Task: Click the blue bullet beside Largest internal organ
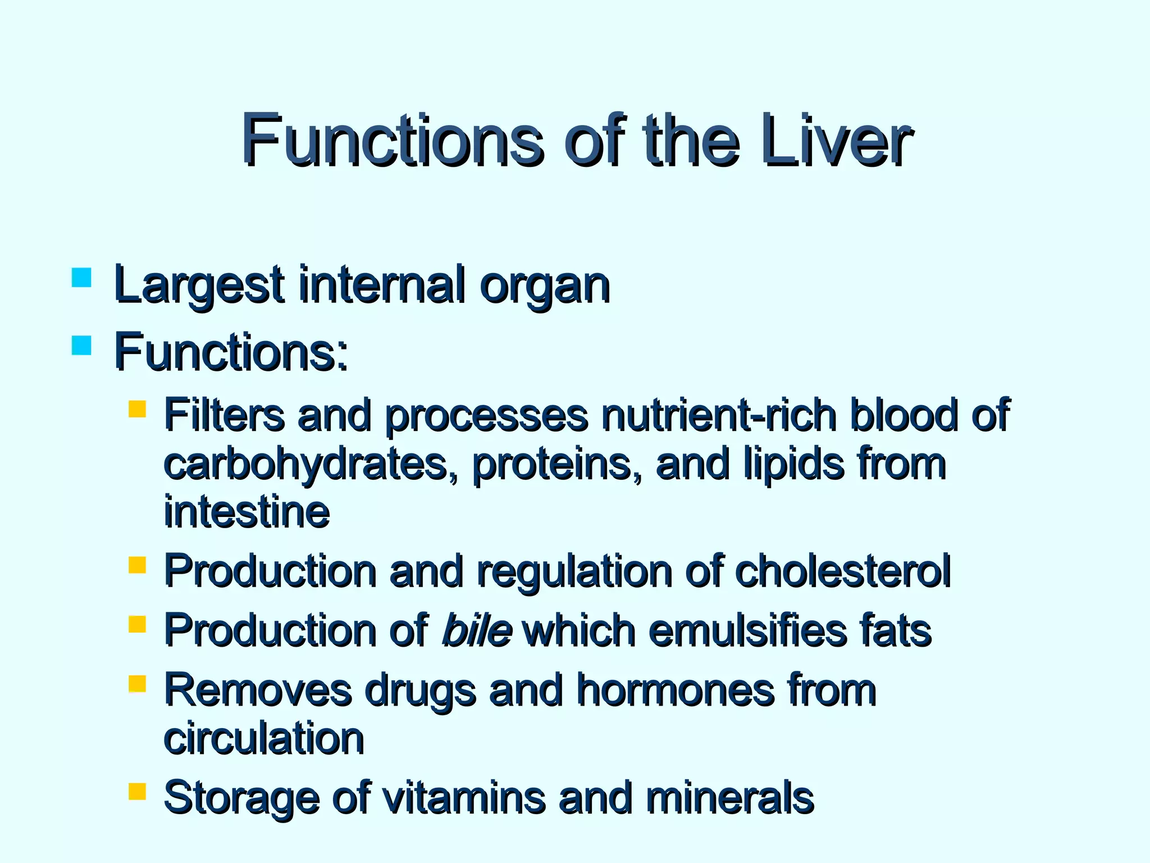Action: pyautogui.click(x=82, y=278)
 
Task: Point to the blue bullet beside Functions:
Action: pyautogui.click(x=82, y=345)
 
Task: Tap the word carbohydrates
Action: pyautogui.click(x=311, y=465)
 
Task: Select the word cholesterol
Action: pyautogui.click(x=842, y=571)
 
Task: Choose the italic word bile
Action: pyautogui.click(x=477, y=630)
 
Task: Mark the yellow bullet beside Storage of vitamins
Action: pyautogui.click(x=137, y=791)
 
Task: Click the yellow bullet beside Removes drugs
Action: pyautogui.click(x=137, y=683)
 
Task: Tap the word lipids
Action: pyautogui.click(x=794, y=465)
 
